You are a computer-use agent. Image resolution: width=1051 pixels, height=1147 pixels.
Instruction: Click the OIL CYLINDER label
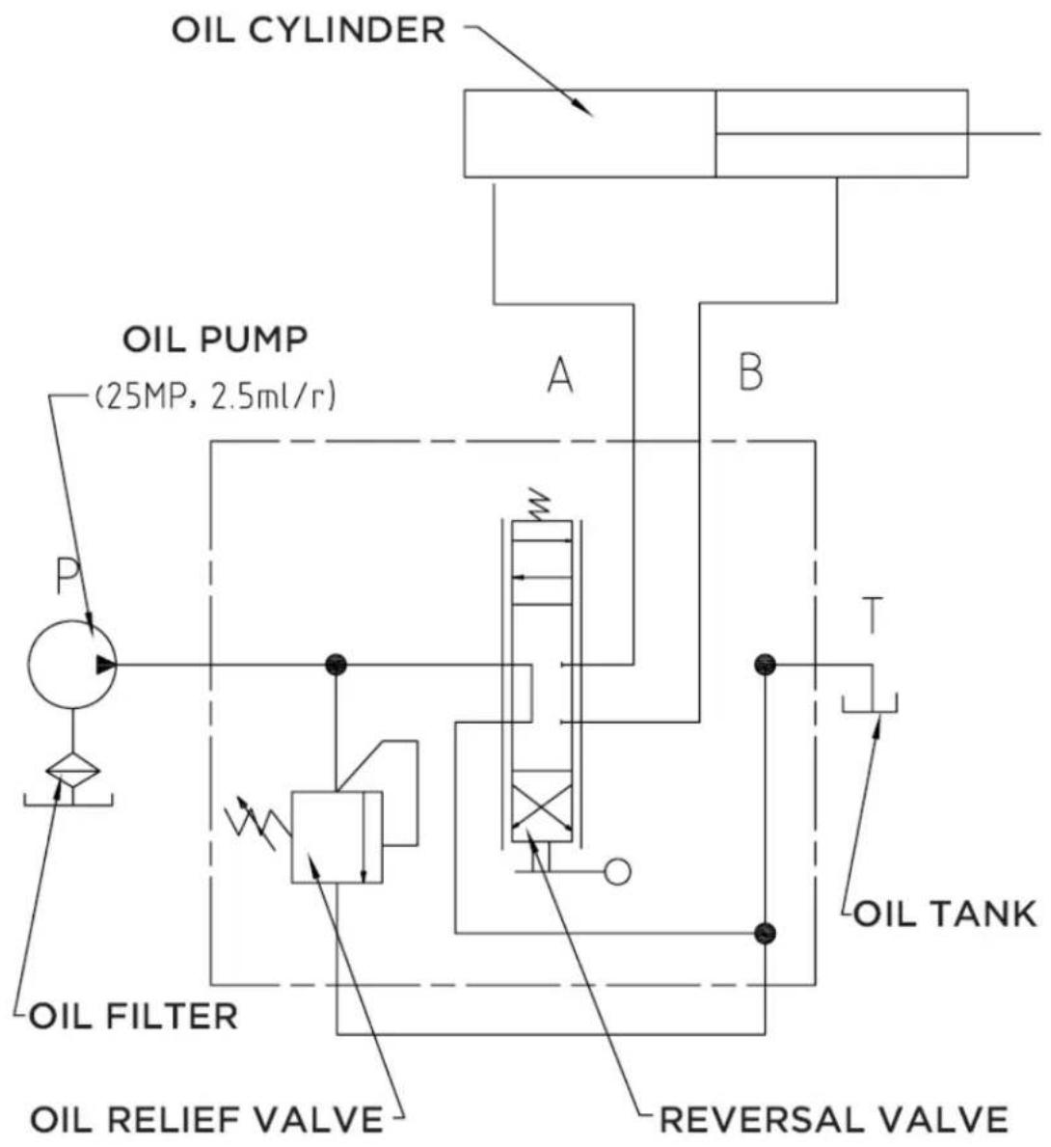coord(308,31)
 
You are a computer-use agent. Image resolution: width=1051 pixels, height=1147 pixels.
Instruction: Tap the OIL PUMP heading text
coord(215,341)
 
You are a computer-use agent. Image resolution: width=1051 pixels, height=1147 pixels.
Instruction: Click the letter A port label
coord(560,376)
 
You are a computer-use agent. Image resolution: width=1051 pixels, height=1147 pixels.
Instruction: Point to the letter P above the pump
coord(67,576)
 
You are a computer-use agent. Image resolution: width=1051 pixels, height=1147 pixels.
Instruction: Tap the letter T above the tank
coord(873,615)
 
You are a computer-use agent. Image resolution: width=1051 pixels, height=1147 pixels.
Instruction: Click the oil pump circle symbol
coord(71,665)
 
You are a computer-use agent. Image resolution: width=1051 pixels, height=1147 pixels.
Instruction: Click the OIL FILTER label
coord(134,1017)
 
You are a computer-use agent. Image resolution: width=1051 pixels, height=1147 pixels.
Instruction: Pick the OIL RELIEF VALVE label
coord(206,1119)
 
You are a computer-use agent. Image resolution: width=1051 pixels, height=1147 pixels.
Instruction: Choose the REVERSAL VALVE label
coord(834,1119)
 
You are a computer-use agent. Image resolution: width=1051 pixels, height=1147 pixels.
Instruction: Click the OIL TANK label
coord(945,914)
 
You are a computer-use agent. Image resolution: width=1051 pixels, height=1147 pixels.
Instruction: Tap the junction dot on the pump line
coord(336,665)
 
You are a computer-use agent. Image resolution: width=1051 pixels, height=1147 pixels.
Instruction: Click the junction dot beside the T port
coord(765,665)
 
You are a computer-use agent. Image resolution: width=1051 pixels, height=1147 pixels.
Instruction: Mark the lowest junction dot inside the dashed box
coord(765,933)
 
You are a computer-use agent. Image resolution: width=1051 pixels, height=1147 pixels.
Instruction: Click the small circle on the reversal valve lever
coord(618,871)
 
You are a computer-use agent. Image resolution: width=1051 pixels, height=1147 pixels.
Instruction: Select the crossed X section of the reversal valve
coord(541,806)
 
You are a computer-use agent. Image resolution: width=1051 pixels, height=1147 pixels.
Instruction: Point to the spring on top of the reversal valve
coord(540,504)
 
